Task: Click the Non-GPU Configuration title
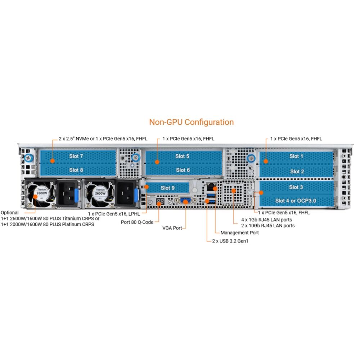(x=191, y=122)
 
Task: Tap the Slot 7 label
(x=76, y=156)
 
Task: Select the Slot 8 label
(x=76, y=170)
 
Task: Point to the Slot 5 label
(x=182, y=156)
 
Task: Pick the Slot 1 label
(x=296, y=156)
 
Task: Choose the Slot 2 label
(x=297, y=171)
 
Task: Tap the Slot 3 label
(x=296, y=187)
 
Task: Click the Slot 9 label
(x=168, y=188)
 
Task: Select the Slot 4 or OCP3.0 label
(x=296, y=201)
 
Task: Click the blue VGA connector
(x=186, y=201)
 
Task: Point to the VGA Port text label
(x=172, y=228)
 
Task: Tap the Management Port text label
(x=239, y=233)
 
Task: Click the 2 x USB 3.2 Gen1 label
(x=230, y=241)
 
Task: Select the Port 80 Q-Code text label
(x=137, y=222)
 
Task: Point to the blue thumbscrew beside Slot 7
(x=29, y=158)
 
